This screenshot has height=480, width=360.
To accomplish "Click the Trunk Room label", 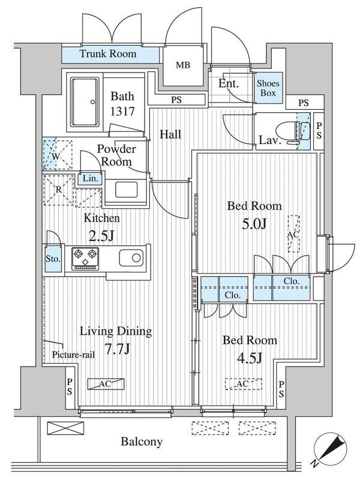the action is pyautogui.click(x=108, y=54).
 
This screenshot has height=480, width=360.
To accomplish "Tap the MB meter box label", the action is pyautogui.click(x=183, y=65).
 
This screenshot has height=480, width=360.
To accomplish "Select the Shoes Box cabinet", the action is pyautogui.click(x=268, y=88).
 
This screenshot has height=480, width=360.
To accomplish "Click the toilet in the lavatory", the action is pyautogui.click(x=293, y=131).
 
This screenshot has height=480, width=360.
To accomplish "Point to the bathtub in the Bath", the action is pyautogui.click(x=85, y=101).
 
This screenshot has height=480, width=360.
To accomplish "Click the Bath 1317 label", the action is pyautogui.click(x=122, y=104).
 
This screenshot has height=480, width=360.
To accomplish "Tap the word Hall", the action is pyautogui.click(x=170, y=134).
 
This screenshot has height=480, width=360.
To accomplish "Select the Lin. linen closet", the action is pyautogui.click(x=90, y=178).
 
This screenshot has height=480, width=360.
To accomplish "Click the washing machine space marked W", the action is pyautogui.click(x=57, y=155).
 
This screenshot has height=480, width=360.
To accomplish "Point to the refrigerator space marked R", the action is pyautogui.click(x=59, y=190).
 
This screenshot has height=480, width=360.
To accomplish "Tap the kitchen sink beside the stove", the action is pyautogui.click(x=131, y=258).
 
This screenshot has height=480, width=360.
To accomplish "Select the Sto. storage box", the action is pyautogui.click(x=53, y=259).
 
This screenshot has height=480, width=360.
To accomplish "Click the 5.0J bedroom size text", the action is pyautogui.click(x=254, y=224).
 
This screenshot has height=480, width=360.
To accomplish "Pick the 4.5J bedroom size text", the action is pyautogui.click(x=250, y=358).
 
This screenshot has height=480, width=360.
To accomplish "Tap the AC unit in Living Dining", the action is pyautogui.click(x=106, y=384).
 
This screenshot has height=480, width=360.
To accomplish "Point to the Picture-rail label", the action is pyautogui.click(x=73, y=355).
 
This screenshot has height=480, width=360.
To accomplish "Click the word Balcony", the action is pyautogui.click(x=142, y=442).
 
